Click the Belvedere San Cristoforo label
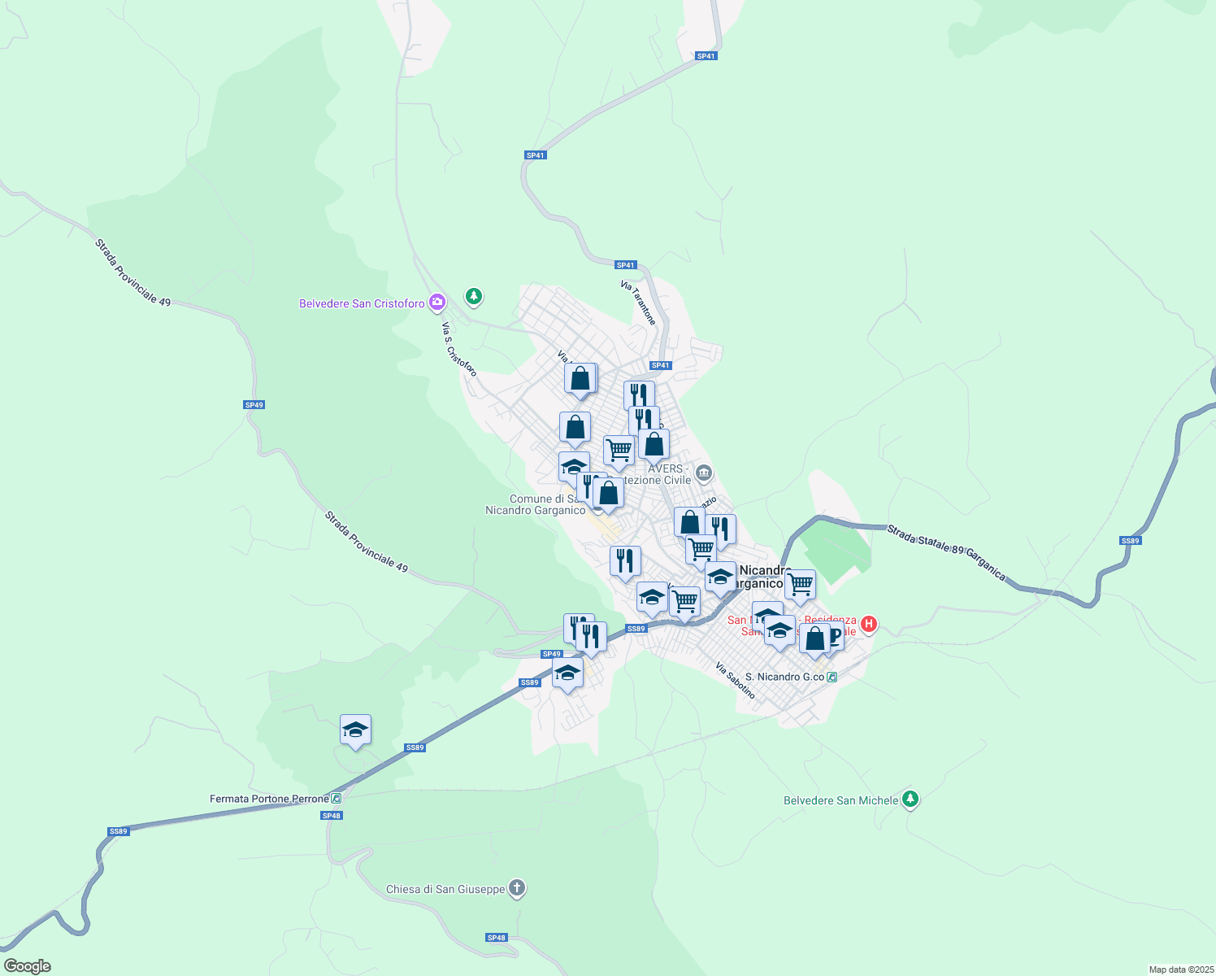tap(362, 303)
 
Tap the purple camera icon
tap(437, 303)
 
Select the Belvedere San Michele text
tap(840, 800)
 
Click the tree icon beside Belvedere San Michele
tap(910, 800)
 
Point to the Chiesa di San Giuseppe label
tap(445, 889)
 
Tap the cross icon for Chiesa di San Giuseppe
tap(516, 888)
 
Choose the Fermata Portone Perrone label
tap(269, 799)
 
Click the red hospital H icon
tap(868, 624)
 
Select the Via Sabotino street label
tap(736, 681)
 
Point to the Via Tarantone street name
tap(638, 303)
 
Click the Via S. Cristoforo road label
tap(458, 349)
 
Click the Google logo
tap(28, 966)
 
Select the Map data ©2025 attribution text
tap(1180, 969)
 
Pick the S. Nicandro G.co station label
tap(784, 677)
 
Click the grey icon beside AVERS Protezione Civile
tap(704, 473)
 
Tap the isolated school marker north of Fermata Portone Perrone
tap(355, 730)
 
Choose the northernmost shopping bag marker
tap(580, 379)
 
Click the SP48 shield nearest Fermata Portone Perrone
tap(331, 816)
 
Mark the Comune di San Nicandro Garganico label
tap(535, 504)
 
